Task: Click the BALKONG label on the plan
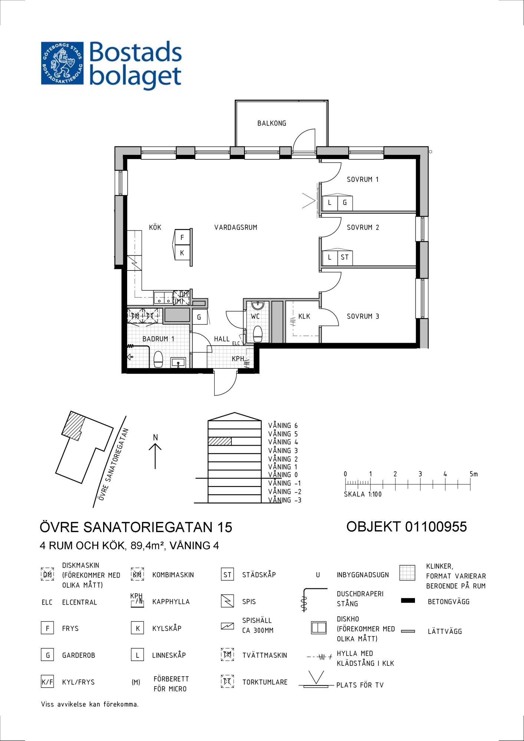pos(271,123)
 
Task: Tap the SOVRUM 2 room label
pos(363,227)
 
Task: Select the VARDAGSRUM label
pos(235,227)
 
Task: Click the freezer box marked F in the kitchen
pos(182,237)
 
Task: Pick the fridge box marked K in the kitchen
pos(182,253)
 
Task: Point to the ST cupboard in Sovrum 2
pos(345,257)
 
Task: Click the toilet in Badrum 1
pos(158,359)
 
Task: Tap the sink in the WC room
pos(257,305)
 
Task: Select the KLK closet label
pos(304,316)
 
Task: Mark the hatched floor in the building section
pos(220,441)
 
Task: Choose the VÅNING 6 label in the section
pos(283,426)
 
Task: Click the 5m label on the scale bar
pos(474,474)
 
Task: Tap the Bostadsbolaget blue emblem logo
pos(62,63)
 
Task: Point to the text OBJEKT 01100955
pos(406,526)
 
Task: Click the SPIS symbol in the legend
pos(227,601)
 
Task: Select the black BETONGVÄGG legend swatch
pos(408,601)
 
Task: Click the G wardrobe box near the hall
pos(199,317)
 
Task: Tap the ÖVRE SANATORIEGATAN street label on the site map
pos(114,465)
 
